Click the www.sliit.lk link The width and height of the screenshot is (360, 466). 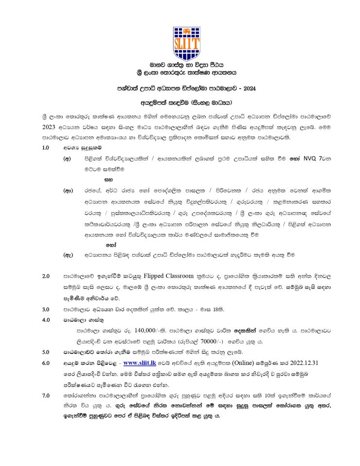136,363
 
